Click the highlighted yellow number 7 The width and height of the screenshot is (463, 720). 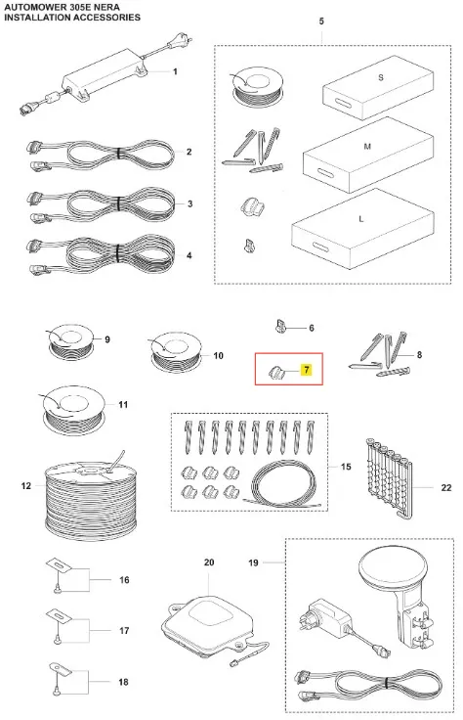point(306,369)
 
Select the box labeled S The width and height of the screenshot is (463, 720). point(378,87)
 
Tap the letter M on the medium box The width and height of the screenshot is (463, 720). point(367,147)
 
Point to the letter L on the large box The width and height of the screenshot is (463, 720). point(361,219)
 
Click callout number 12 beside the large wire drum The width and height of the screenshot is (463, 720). point(26,485)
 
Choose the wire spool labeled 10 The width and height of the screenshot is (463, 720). point(176,350)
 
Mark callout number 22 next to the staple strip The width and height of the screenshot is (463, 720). point(446,487)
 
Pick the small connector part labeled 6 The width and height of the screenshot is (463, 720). point(280,327)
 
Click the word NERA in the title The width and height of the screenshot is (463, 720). point(106,8)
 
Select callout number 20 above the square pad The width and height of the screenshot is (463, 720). point(209,562)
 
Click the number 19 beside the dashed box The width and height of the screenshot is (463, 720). point(254,562)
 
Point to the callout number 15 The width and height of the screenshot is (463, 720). point(346,467)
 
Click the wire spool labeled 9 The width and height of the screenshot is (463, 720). point(70,341)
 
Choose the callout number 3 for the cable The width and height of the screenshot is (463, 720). point(189,203)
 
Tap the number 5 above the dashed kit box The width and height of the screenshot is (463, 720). point(321,22)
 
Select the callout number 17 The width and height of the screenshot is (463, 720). point(124,631)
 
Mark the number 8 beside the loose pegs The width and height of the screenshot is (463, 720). point(419,354)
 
